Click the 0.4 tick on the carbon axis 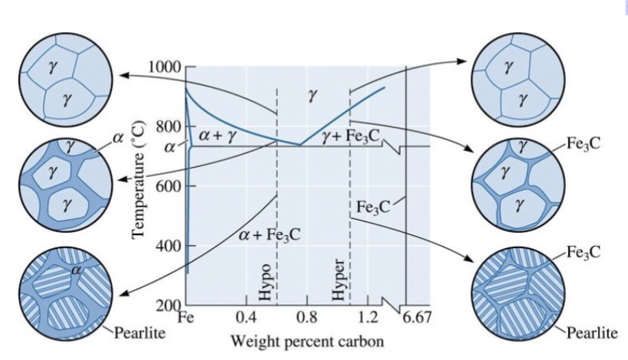click(x=246, y=316)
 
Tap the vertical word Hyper click(x=339, y=282)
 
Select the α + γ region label click(x=215, y=135)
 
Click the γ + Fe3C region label click(x=352, y=136)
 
